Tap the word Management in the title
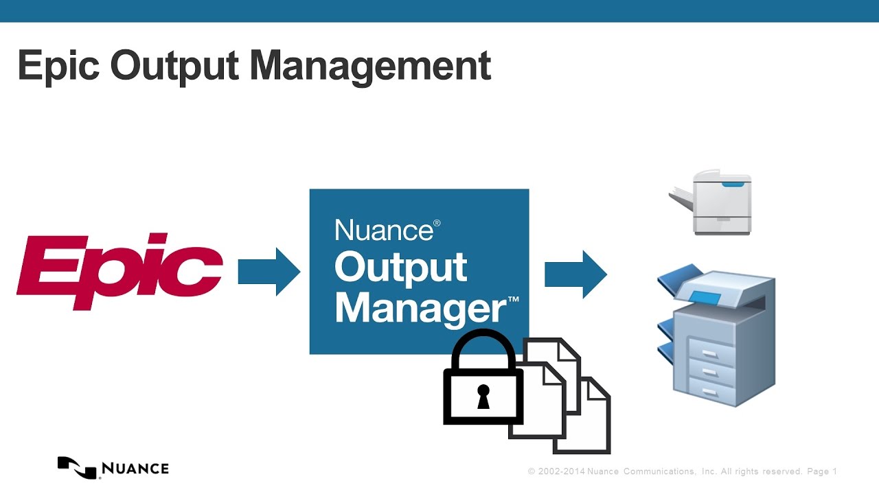(370, 67)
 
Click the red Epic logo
(119, 272)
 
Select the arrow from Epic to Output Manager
(269, 272)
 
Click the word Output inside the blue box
(400, 268)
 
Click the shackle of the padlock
(483, 346)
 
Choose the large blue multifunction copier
(718, 336)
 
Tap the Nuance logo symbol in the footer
(76, 467)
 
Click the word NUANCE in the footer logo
(135, 469)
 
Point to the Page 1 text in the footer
(822, 471)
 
